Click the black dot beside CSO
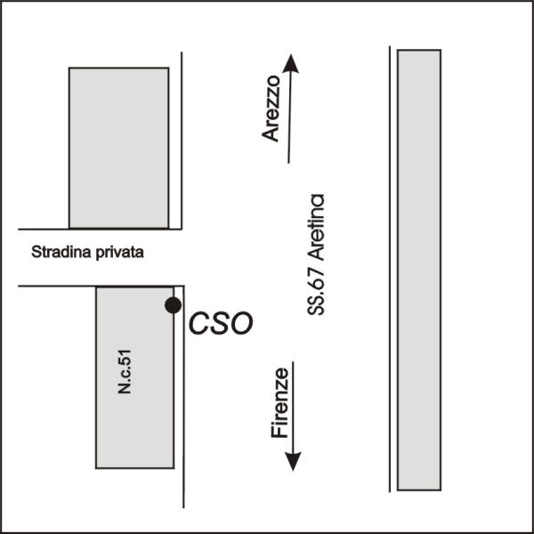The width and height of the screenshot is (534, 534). tap(173, 305)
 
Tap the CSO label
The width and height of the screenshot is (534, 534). tap(221, 323)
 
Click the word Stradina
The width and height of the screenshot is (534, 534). tap(58, 252)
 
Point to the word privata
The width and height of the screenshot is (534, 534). tap(117, 252)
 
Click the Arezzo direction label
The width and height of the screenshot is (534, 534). tap(272, 109)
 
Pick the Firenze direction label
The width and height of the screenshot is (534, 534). tap(279, 401)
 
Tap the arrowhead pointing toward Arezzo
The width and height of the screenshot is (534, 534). tap(292, 64)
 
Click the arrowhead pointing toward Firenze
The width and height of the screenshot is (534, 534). tap(293, 460)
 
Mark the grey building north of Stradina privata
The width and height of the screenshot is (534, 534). tap(119, 148)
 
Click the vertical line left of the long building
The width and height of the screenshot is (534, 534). tap(390, 267)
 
